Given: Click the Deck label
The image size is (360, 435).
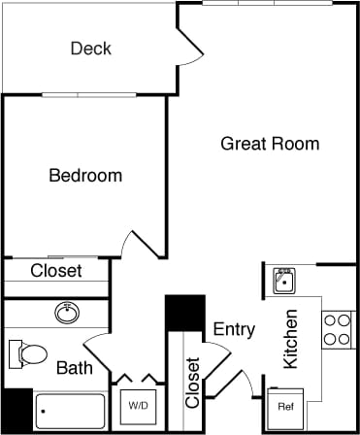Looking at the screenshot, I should pos(91,49).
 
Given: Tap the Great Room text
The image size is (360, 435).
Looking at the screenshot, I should pos(270,144).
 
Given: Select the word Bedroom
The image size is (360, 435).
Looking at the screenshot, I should pos(85,176).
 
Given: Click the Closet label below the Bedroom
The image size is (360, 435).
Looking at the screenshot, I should pos(56,271).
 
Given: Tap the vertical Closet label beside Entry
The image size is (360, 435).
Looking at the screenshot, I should pos(192,383).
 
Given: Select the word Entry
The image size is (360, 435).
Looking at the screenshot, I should pos(234,329).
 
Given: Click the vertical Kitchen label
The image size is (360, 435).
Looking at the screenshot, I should pos(290,340).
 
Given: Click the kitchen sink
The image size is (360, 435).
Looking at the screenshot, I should pos(283,282).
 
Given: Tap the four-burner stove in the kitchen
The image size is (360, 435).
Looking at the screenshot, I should pos(337,329).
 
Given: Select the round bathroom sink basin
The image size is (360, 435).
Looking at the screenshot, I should pos(67,313).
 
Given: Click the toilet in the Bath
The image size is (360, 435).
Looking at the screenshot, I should pos(27,354).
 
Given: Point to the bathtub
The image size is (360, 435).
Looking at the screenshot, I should pos(70,412).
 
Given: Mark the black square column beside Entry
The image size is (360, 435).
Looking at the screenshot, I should pos(183,313).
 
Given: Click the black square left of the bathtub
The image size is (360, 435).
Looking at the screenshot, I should pos(16,410).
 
